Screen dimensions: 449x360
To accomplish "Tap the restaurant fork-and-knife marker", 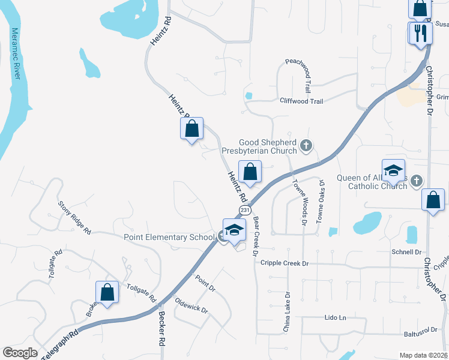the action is pyautogui.click(x=420, y=32).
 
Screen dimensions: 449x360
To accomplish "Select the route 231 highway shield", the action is pyautogui.click(x=244, y=210).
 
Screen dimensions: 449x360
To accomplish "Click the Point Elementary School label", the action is pyautogui.click(x=169, y=237).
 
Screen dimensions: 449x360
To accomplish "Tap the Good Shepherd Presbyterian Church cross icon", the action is pyautogui.click(x=306, y=145).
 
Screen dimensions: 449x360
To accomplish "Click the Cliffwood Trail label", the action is pyautogui.click(x=301, y=101).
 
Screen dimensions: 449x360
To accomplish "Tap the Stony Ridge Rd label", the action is pyautogui.click(x=74, y=217).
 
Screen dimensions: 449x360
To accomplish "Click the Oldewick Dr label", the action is pyautogui.click(x=191, y=305).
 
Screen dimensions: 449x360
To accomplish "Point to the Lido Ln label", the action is pyautogui.click(x=336, y=317).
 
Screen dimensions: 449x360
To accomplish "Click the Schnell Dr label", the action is pyautogui.click(x=406, y=252).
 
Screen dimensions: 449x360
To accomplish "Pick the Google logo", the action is pyautogui.click(x=20, y=353).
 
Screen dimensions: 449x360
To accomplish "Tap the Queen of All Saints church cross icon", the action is pyautogui.click(x=417, y=181).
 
